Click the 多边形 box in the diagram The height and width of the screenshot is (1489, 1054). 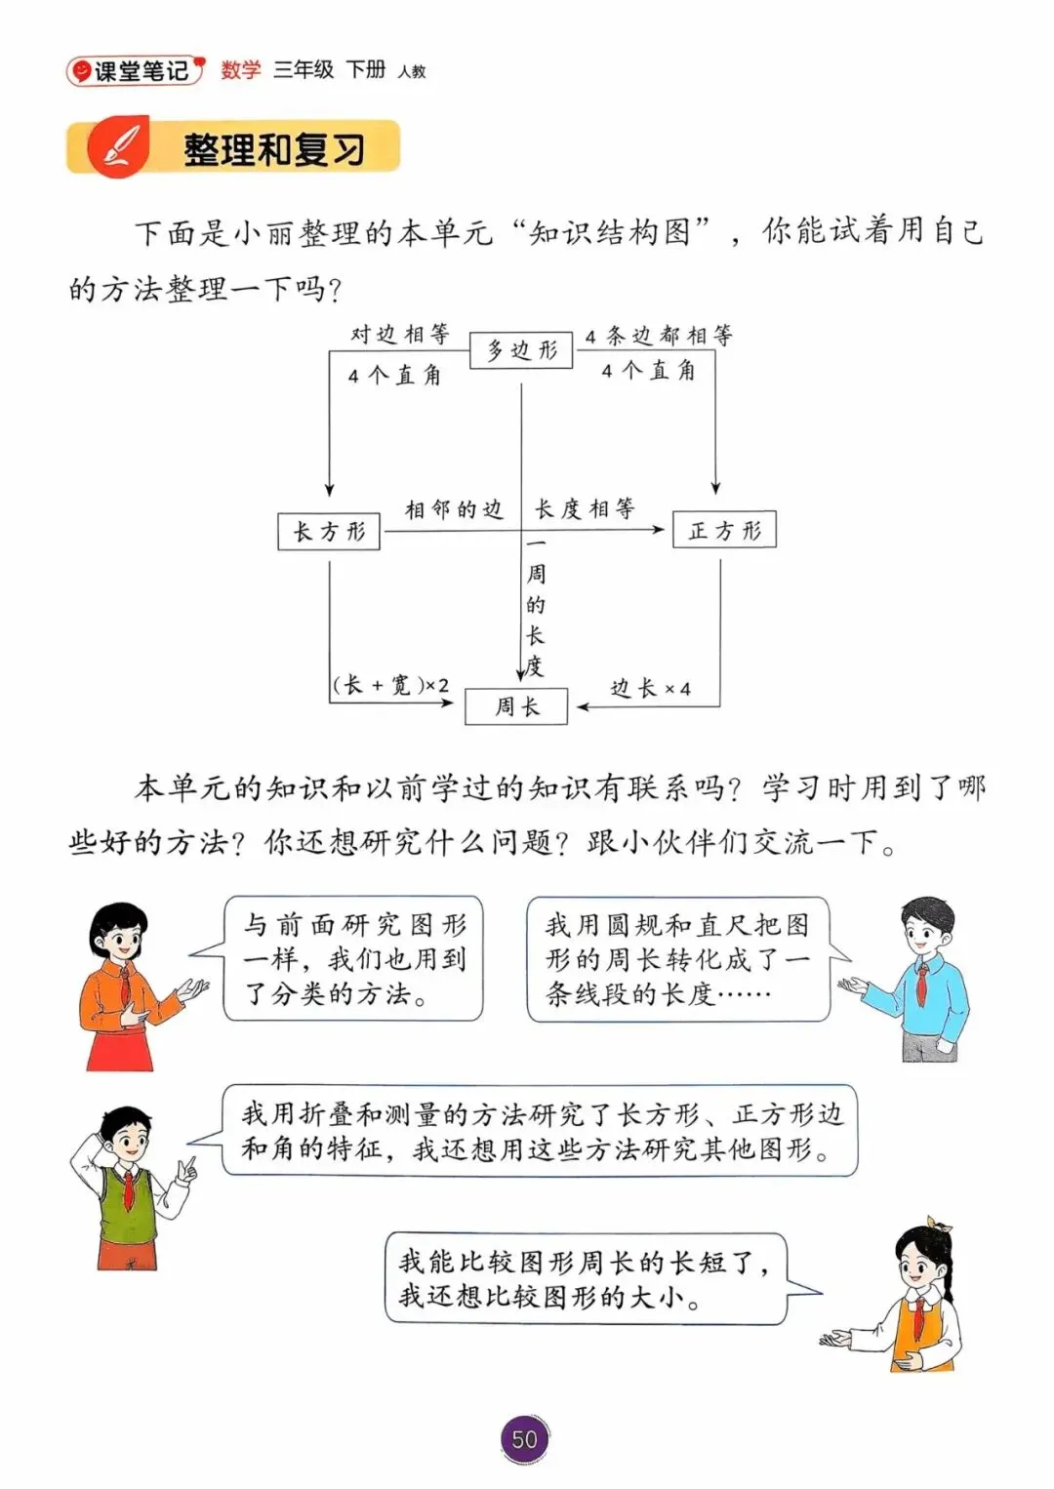coord(521,350)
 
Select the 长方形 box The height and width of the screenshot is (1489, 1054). coord(329,532)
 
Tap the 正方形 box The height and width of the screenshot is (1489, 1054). coord(724,530)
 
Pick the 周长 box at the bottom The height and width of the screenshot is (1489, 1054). coord(516,706)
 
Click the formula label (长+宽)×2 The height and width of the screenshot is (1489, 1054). coord(391,685)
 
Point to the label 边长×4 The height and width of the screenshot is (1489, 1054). coord(650,689)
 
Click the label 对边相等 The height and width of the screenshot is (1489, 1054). coord(399,335)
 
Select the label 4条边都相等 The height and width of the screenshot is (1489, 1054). coord(659,337)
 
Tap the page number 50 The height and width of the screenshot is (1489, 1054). coord(525,1438)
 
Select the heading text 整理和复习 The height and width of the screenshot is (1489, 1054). coord(274,149)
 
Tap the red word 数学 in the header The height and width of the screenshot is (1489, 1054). coord(241,69)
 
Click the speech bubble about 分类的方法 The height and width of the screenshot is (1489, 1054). coord(353,959)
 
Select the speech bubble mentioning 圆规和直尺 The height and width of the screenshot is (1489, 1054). coord(678,959)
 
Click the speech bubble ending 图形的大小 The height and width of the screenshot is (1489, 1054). coord(586,1279)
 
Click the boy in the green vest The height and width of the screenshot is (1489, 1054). coord(128,1186)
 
